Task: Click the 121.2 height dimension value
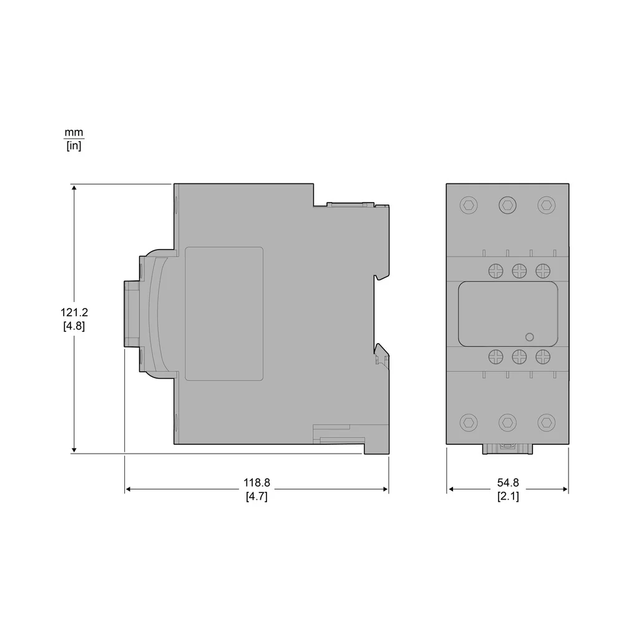tap(74, 313)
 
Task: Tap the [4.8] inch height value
tap(74, 326)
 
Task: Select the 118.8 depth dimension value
tap(256, 483)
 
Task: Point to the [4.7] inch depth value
tap(256, 496)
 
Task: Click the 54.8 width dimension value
tap(508, 483)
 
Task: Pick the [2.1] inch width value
tap(508, 496)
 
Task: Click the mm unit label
tap(74, 132)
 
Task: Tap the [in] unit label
tap(74, 145)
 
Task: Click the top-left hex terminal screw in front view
tap(469, 205)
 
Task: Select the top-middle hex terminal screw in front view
tap(507, 205)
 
